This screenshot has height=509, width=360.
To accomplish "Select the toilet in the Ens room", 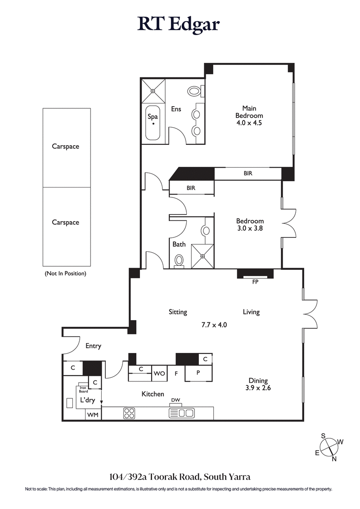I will click(x=195, y=92).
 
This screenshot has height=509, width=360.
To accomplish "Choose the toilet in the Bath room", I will click(x=179, y=260).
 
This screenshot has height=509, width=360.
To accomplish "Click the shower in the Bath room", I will click(x=202, y=256).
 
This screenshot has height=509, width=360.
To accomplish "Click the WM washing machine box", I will click(x=93, y=414).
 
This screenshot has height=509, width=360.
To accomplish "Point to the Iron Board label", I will click(x=83, y=389).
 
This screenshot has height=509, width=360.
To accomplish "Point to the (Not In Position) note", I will click(x=65, y=273).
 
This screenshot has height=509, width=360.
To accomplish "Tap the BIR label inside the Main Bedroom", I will click(x=248, y=173).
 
